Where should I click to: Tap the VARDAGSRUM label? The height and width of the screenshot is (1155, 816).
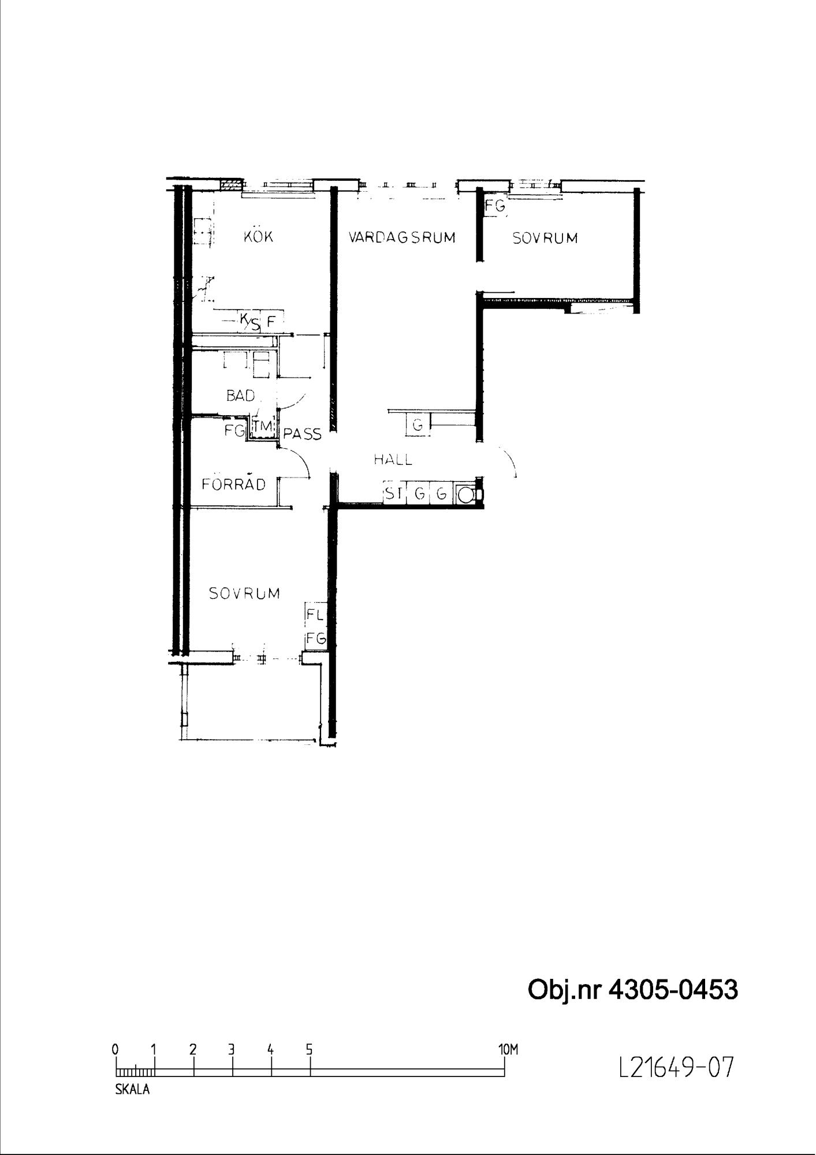[x=402, y=237]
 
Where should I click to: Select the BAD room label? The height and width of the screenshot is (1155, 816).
[x=240, y=396]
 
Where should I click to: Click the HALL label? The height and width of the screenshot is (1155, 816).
[x=393, y=460]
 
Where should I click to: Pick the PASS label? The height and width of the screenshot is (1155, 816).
[x=302, y=434]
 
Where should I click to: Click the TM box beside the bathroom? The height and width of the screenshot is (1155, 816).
[x=262, y=427]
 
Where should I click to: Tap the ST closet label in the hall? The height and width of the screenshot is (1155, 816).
[x=393, y=494]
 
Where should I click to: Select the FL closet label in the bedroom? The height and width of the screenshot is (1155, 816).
[x=315, y=614]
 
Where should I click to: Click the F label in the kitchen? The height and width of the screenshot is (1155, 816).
[x=270, y=322]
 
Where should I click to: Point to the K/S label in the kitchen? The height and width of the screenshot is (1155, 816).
[x=249, y=322]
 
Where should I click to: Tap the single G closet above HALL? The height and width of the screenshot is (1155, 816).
[x=418, y=426]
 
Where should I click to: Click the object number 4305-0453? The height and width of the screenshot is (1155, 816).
[x=673, y=990]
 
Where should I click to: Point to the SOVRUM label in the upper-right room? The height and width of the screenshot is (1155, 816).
[x=545, y=238]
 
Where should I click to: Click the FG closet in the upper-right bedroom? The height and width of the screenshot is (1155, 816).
[x=495, y=206]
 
